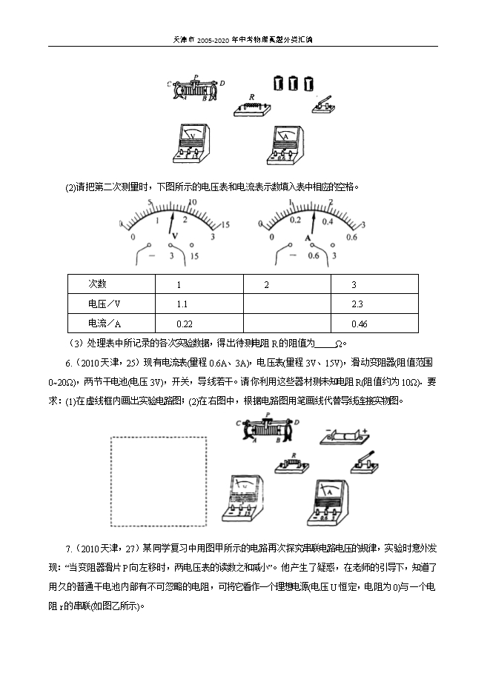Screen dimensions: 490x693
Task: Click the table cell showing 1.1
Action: point(199,304)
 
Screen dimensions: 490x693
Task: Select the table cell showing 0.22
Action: point(199,323)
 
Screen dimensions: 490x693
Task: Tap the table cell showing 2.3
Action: point(374,304)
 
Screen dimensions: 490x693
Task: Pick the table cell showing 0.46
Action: point(374,323)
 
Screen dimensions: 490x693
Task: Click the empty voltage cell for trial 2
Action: point(288,304)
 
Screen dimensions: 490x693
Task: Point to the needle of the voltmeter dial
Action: point(171,224)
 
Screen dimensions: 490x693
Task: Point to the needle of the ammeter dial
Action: point(313,223)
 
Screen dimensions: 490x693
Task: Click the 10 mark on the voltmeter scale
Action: point(193,202)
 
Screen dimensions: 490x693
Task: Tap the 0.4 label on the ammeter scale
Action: point(328,221)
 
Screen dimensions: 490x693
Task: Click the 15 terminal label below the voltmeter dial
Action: point(194,256)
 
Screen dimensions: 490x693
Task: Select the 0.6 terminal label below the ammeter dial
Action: point(314,256)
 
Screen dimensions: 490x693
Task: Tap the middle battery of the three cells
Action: point(293,83)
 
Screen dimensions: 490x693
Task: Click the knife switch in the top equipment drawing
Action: point(322,104)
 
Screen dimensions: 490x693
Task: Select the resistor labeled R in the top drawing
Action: point(252,108)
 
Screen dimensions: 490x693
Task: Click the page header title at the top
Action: point(242,39)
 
